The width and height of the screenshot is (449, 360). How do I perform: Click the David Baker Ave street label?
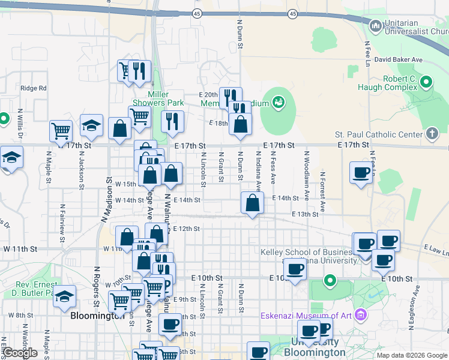399,60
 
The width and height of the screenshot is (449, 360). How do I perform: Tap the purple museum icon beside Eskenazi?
360,314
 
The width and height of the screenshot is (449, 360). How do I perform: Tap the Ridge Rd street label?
33,88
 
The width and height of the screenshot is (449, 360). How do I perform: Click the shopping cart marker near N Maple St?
61,130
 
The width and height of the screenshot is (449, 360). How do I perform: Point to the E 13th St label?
304,214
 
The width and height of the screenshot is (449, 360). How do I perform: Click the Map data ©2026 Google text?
411,355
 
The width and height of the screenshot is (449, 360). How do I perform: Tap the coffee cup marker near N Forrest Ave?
361,173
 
